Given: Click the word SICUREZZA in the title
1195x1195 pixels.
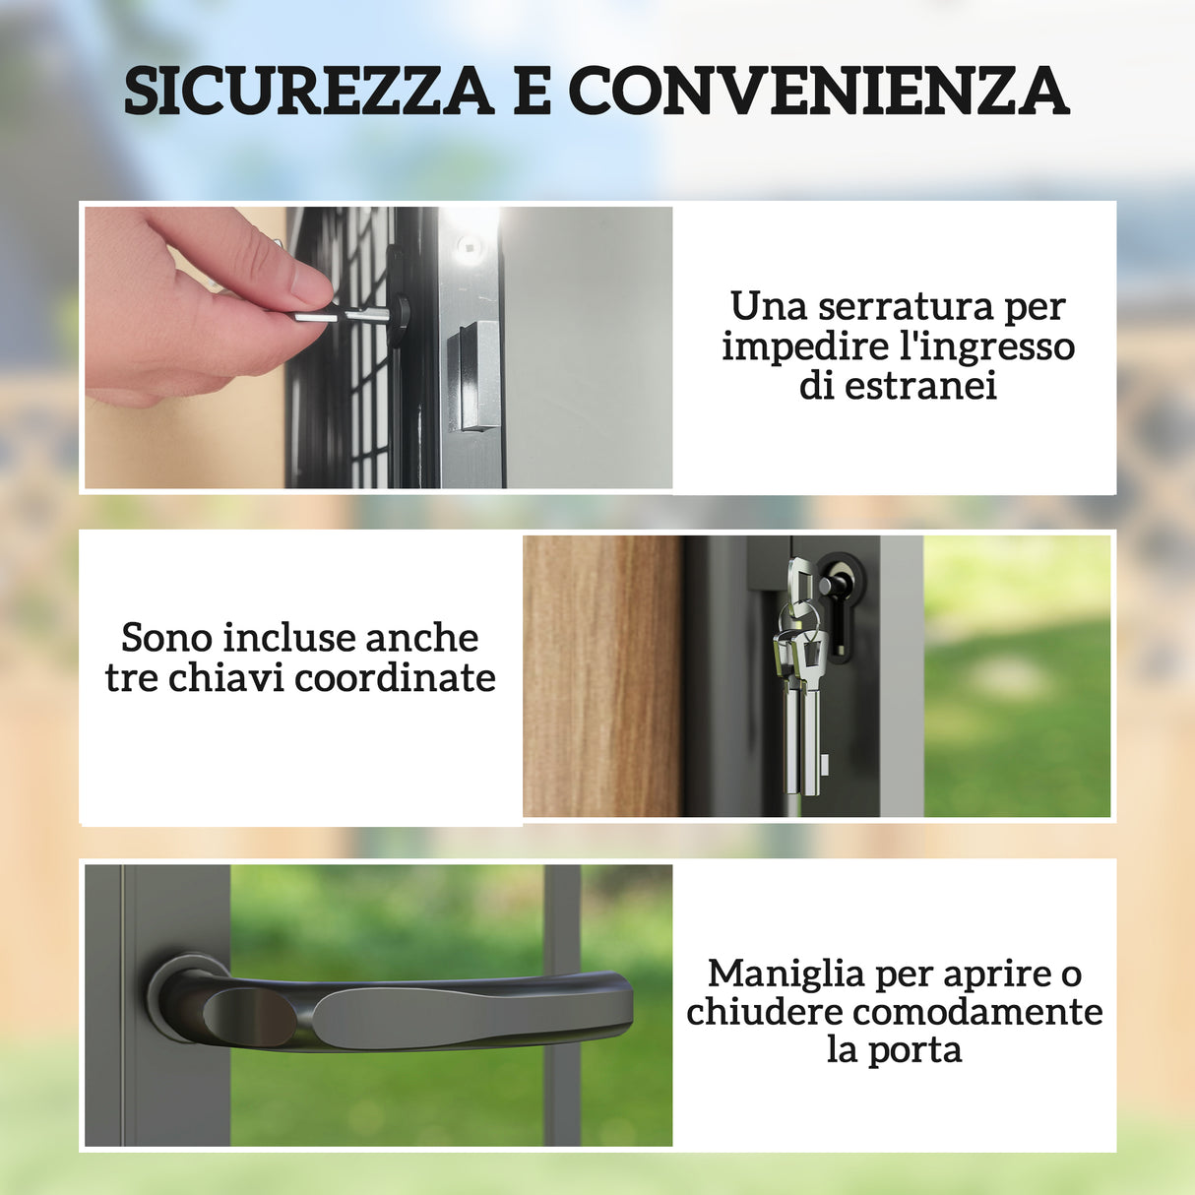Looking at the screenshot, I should [308, 91].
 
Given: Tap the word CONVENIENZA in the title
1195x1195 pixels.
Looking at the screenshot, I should [818, 91].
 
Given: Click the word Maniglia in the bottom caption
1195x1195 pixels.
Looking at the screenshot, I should [786, 974].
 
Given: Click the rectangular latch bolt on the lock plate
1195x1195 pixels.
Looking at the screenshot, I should [474, 376].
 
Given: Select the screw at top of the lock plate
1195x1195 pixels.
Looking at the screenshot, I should [468, 245].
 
